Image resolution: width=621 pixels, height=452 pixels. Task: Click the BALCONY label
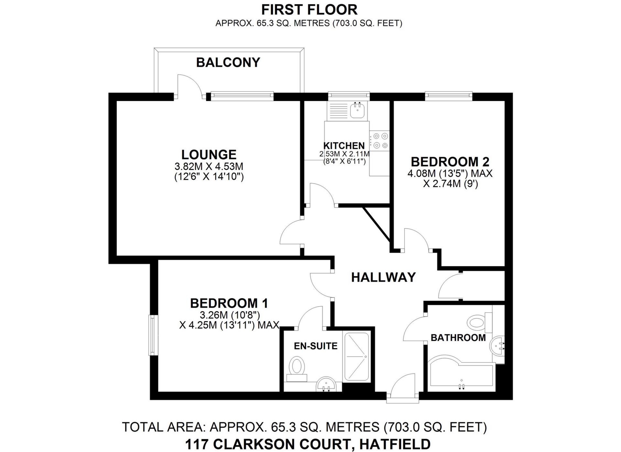pos(228,62)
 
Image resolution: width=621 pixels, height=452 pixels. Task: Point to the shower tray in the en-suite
pos(356,357)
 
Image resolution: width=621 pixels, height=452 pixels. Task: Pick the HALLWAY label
pos(383,277)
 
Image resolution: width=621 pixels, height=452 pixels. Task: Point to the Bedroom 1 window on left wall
pos(152,335)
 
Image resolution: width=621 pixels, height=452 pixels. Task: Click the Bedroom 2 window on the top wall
pos(448,95)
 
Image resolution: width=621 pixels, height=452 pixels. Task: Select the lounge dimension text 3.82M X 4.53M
pos(209,166)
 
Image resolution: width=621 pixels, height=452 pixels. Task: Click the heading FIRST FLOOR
pos(309,10)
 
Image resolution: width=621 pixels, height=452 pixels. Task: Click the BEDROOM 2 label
pos(450,162)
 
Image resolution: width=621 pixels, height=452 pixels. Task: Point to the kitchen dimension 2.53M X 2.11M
pos(344,154)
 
